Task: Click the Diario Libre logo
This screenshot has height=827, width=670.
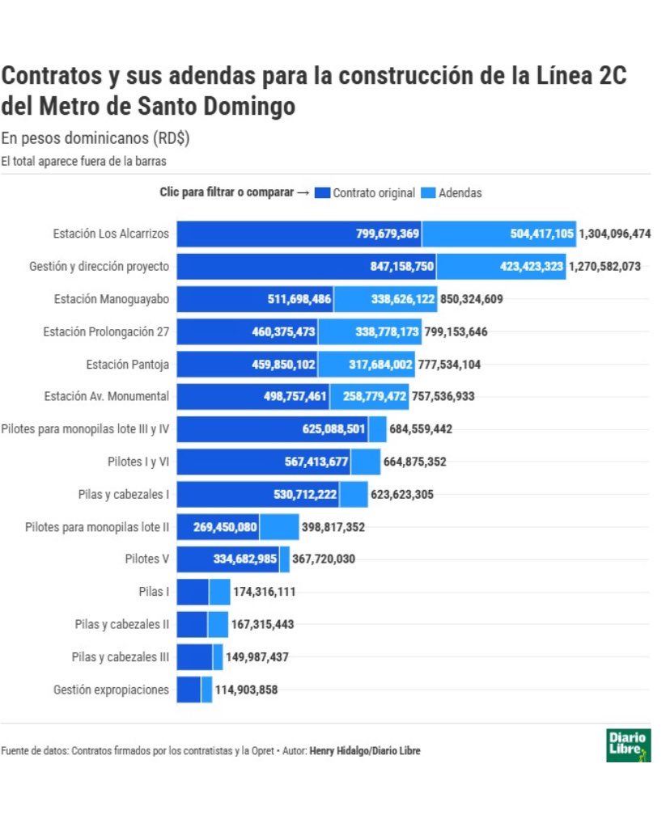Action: [628, 745]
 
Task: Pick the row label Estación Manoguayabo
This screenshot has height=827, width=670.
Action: [112, 299]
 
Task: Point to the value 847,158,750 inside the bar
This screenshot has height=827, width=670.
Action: [383, 266]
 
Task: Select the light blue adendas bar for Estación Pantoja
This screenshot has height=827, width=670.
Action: [366, 365]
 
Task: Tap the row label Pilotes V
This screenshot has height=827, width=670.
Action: [146, 559]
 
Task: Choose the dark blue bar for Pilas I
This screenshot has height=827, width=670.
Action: [193, 592]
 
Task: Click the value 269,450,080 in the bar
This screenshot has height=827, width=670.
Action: [225, 527]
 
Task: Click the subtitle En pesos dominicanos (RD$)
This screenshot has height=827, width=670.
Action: [95, 137]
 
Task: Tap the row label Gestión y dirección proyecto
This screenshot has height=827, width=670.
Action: [99, 266]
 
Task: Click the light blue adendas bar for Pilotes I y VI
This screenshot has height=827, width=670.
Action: [365, 462]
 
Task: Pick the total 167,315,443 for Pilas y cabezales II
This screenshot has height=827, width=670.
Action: [262, 625]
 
